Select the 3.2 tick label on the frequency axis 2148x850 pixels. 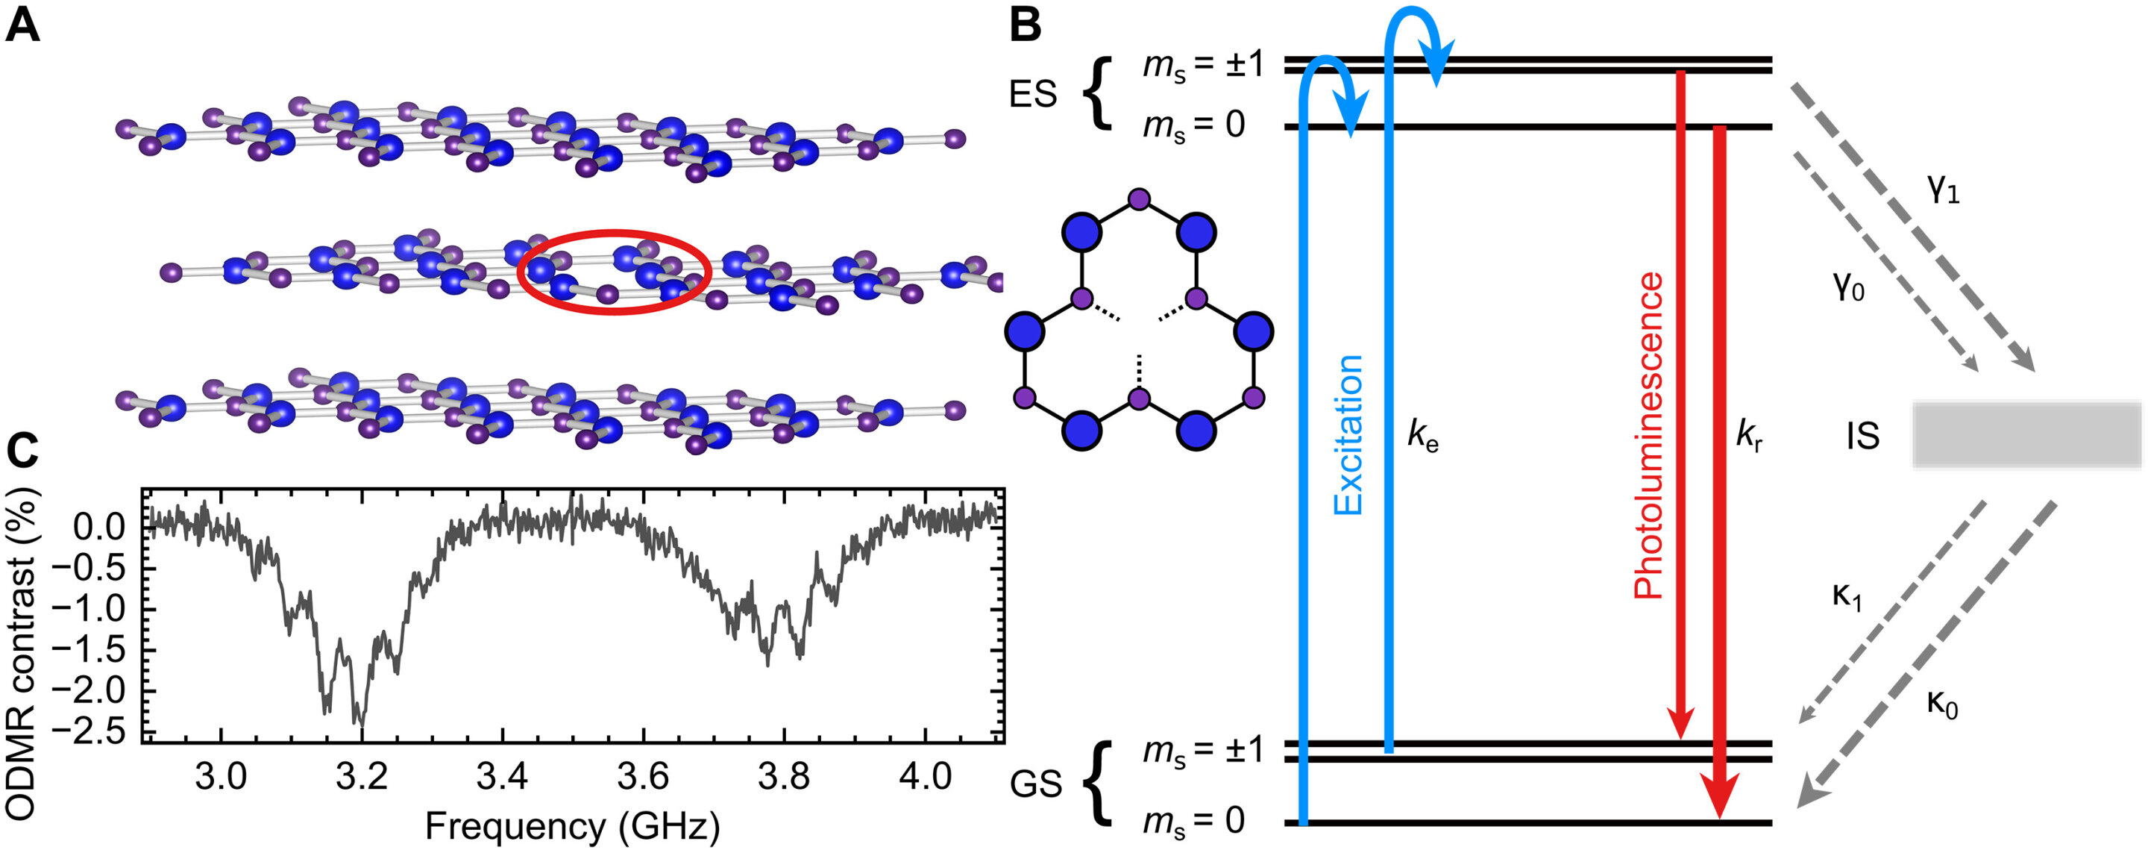coord(361,778)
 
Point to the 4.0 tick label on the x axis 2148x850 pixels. coord(925,778)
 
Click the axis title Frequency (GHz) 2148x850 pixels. coord(572,827)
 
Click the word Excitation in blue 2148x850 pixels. coord(1348,434)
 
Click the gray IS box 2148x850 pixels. coord(2026,434)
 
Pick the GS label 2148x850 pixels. coord(1036,784)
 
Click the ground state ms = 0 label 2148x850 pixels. coord(1193,822)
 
